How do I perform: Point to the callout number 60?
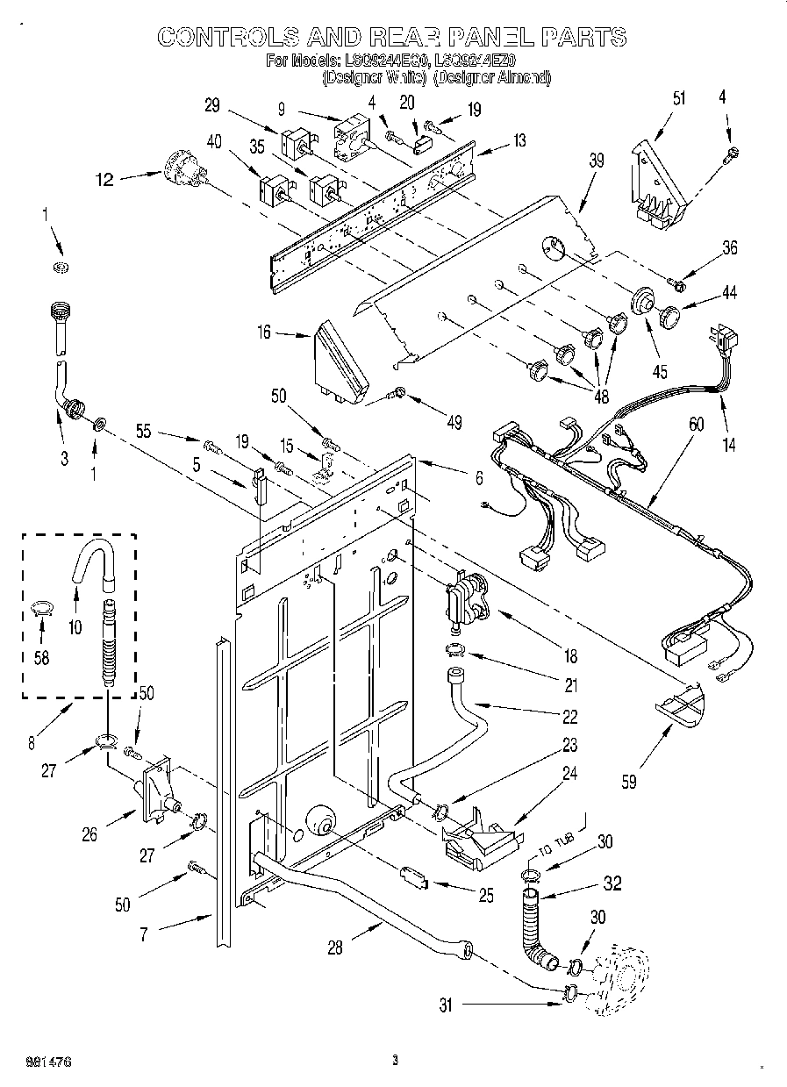696,424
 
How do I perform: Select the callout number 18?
570,655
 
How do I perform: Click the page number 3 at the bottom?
395,1061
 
